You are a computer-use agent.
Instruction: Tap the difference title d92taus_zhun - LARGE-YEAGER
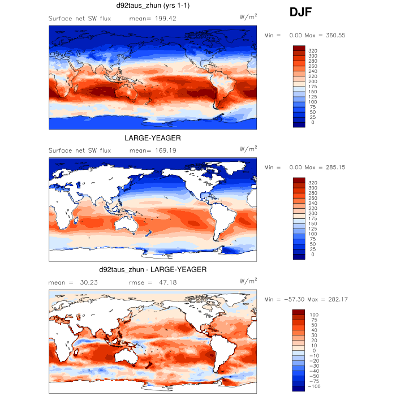[153, 270]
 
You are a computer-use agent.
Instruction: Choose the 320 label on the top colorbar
[314, 51]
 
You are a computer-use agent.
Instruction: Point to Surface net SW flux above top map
[80, 18]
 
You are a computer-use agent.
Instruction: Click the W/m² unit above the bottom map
[248, 281]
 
